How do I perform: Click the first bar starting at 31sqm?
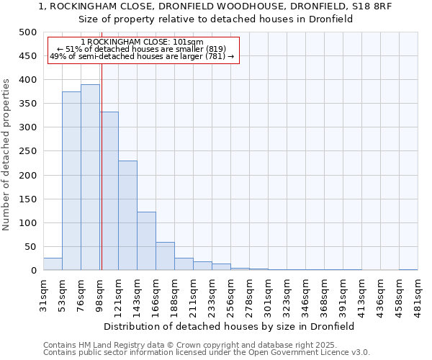click(53, 264)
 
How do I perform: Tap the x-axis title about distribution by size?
click(229, 326)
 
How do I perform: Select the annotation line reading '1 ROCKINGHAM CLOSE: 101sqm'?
click(142, 42)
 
